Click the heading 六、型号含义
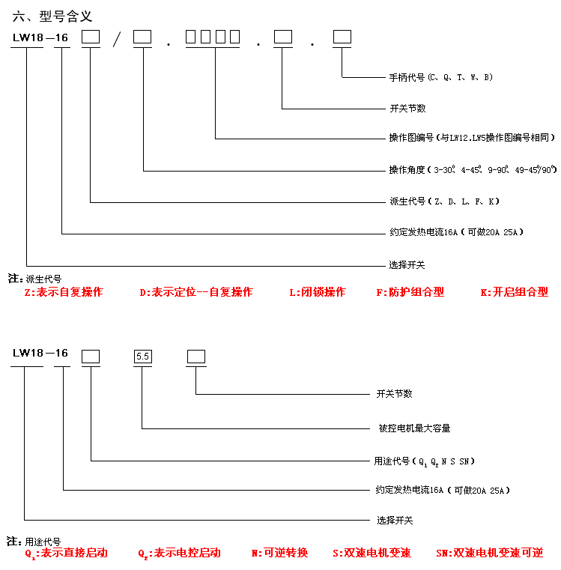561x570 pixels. point(52,16)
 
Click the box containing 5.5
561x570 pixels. point(142,357)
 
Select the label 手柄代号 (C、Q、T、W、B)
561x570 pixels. point(440,77)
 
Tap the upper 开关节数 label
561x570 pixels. point(407,109)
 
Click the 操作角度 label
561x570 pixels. point(473,170)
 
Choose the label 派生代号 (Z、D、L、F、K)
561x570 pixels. point(444,201)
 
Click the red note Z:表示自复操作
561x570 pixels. point(64,292)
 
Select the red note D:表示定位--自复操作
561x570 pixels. point(196,292)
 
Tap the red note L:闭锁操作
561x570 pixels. point(318,292)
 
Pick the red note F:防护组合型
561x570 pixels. point(410,292)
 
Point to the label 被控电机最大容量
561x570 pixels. point(414,428)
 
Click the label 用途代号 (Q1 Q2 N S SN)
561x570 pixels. point(425,461)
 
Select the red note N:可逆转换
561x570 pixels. point(279,553)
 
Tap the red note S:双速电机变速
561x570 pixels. point(372,553)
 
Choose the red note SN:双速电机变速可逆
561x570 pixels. point(489,553)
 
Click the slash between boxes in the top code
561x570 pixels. point(116,40)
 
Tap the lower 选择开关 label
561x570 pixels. point(394,520)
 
